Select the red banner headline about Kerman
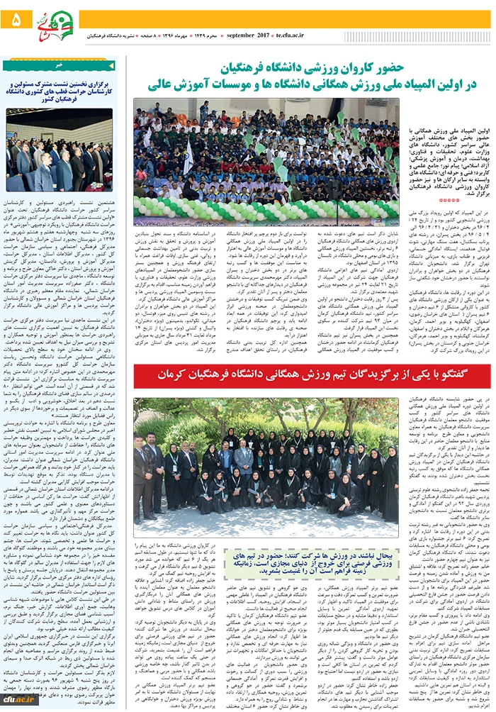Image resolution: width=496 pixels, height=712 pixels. click(x=312, y=375)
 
